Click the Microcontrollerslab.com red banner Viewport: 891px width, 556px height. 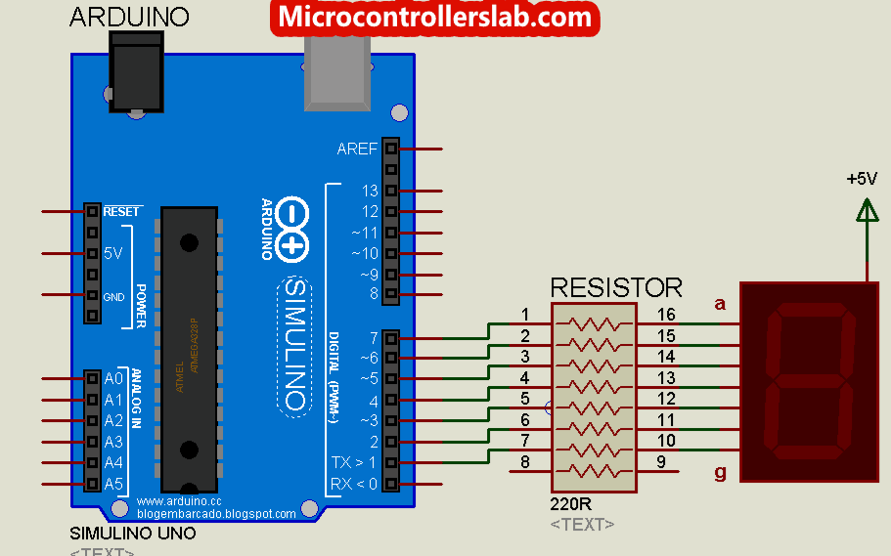(434, 17)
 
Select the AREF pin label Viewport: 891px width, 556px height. (356, 150)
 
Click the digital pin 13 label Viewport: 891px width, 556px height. (370, 191)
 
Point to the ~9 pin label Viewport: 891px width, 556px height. (368, 274)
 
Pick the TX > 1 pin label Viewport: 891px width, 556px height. (355, 462)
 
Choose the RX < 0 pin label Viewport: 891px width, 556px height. (355, 483)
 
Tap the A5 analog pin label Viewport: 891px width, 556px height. (113, 484)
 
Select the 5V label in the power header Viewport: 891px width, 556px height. (113, 253)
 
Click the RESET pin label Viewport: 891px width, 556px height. (121, 211)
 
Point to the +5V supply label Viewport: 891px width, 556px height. (862, 179)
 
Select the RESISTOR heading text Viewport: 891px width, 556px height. (616, 287)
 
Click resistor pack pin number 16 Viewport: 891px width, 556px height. (666, 315)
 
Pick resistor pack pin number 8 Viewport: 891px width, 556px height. (525, 462)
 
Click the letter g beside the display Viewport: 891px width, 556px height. (721, 473)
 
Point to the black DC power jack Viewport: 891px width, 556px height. (136, 72)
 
